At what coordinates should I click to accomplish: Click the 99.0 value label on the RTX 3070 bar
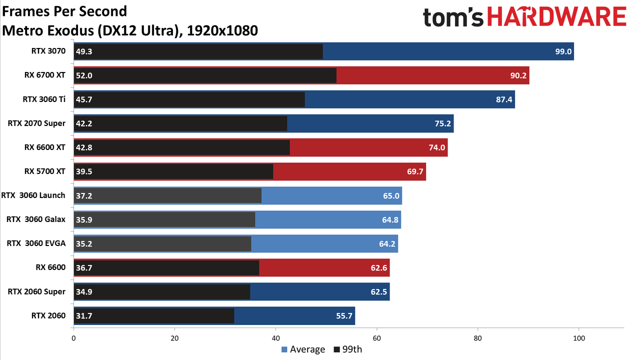point(563,51)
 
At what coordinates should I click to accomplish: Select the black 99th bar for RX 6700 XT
point(205,75)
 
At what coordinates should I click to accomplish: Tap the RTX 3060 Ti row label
point(44,99)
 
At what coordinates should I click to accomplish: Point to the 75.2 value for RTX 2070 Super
point(442,123)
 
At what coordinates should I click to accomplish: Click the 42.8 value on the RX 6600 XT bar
point(84,147)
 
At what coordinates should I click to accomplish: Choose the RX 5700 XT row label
point(45,171)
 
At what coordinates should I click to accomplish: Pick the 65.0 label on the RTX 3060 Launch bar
point(391,195)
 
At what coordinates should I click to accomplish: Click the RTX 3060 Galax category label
point(36,219)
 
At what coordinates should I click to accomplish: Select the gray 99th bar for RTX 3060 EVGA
point(162,243)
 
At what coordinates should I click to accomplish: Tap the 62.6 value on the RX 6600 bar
point(379,267)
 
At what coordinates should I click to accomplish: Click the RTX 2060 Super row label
point(36,291)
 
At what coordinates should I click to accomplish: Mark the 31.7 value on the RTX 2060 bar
point(84,315)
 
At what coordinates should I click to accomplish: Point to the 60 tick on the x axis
point(376,338)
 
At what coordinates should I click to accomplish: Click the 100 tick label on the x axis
point(579,338)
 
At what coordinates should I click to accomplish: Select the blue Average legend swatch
point(284,349)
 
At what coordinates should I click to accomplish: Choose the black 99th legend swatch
point(337,349)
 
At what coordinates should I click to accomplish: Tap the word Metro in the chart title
point(21,30)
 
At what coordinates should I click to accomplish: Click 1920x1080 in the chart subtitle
point(222,30)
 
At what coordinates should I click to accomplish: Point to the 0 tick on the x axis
point(73,338)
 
